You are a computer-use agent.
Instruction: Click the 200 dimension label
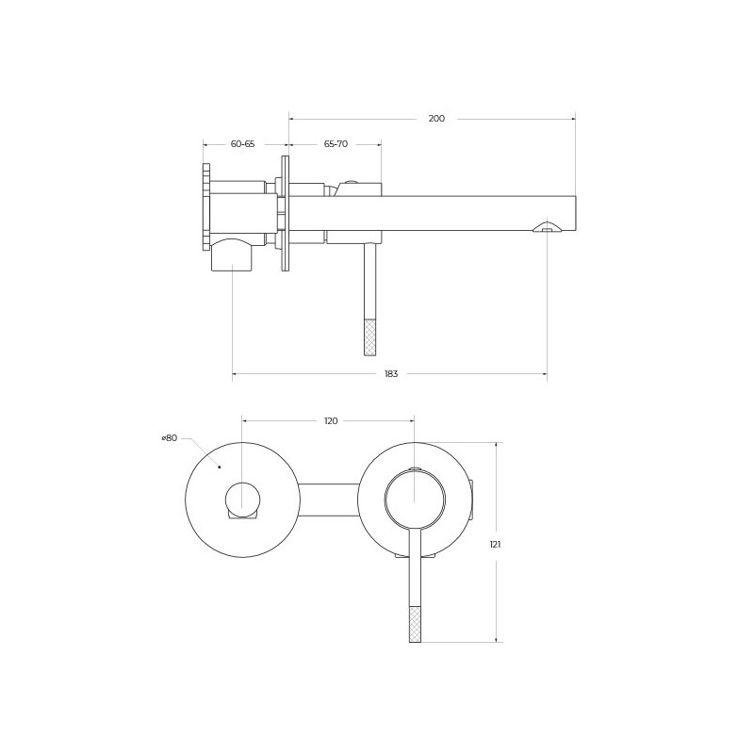[436, 119]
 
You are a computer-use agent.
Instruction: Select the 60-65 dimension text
[243, 144]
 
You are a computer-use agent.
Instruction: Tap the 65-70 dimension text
[336, 144]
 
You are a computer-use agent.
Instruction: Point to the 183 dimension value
[391, 373]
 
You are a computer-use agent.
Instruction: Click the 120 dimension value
[331, 420]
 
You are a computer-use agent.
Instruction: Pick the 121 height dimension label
[496, 545]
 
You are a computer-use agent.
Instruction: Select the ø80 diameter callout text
[170, 437]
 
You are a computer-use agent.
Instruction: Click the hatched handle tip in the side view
[370, 337]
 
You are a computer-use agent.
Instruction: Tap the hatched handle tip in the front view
[415, 624]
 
